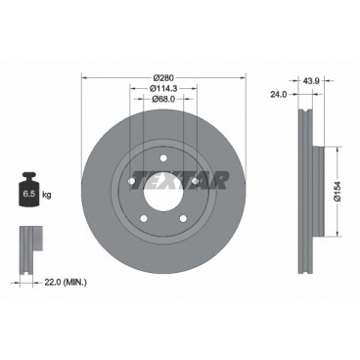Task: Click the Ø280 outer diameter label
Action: (x=162, y=78)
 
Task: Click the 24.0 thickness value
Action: (x=279, y=95)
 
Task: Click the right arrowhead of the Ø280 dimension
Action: (x=241, y=78)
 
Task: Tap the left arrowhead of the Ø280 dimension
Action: (x=84, y=78)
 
